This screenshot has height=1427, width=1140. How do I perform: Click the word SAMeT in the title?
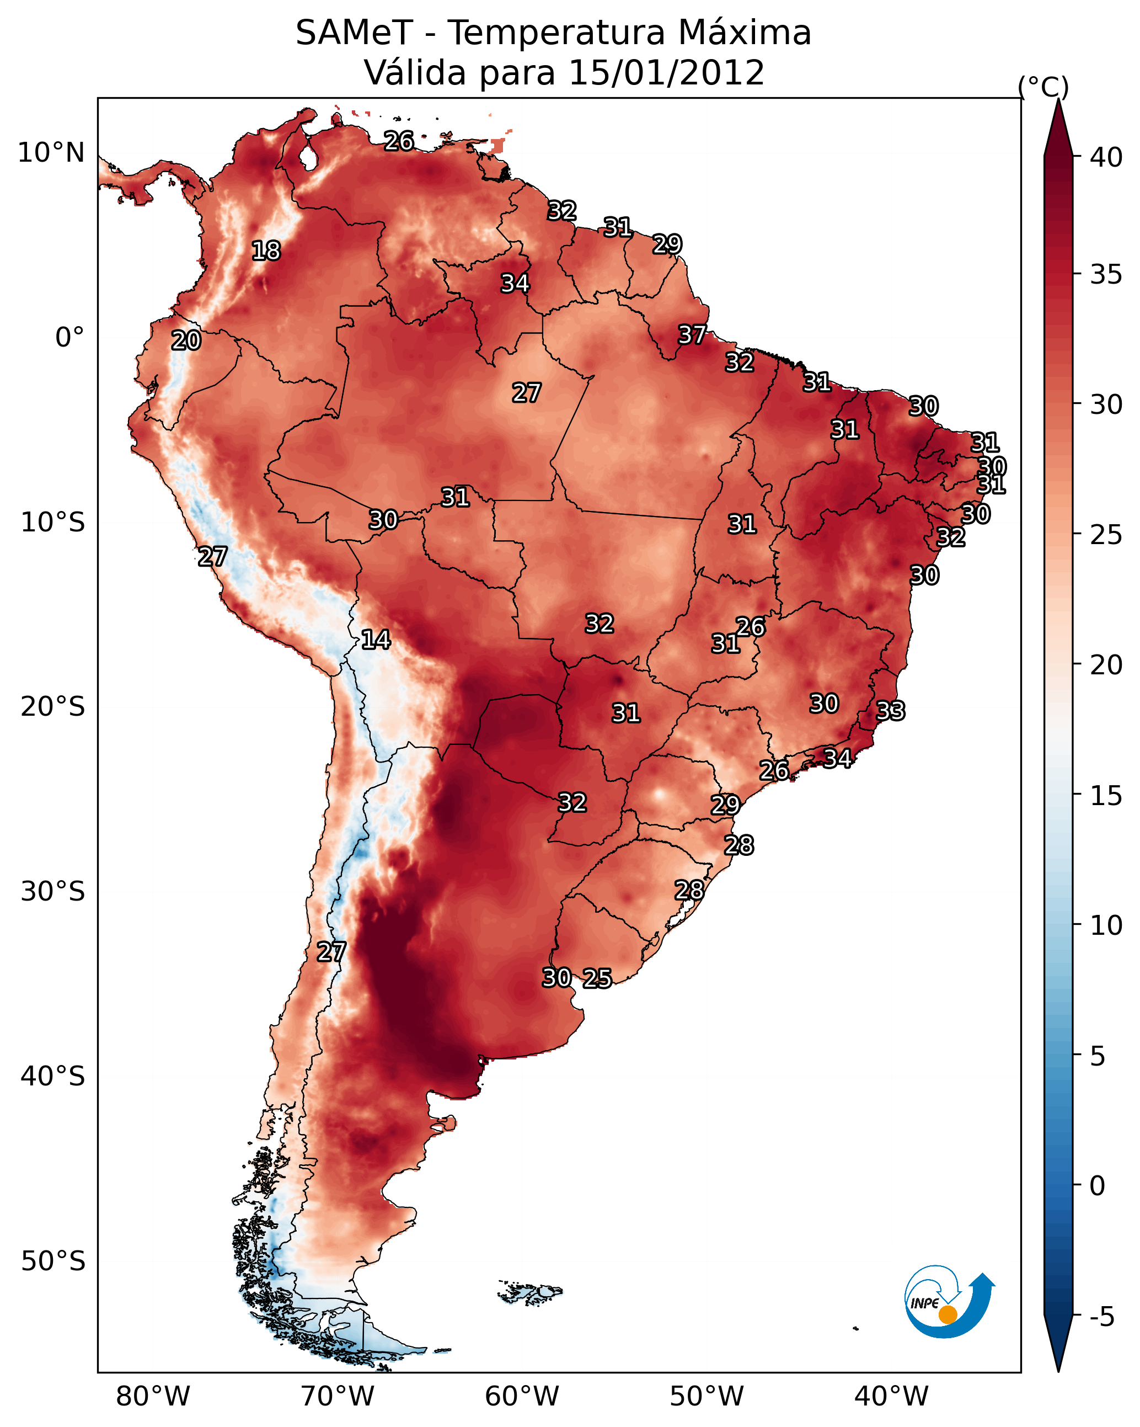tap(354, 33)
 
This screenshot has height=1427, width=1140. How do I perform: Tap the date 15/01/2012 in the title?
tap(666, 73)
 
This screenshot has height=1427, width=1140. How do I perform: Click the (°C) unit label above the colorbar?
tap(1043, 87)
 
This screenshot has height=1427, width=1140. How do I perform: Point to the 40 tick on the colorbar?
tap(1106, 157)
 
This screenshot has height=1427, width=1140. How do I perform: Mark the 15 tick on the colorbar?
tap(1106, 796)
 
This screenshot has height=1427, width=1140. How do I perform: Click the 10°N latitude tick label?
tap(52, 153)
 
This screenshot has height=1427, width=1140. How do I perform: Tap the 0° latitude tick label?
tap(70, 338)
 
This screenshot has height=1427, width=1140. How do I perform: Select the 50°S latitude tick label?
tap(53, 1261)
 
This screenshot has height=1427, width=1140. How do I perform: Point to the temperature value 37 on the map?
tap(692, 335)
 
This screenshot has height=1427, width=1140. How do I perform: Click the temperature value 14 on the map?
tap(376, 640)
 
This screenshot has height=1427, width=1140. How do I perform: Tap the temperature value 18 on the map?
tap(266, 251)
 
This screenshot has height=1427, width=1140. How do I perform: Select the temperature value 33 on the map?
tap(890, 711)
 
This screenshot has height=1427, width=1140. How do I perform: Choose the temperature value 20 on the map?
tap(186, 341)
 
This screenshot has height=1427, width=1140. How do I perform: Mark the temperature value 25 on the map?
tap(597, 978)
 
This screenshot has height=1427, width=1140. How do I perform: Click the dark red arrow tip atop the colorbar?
tap(1058, 100)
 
